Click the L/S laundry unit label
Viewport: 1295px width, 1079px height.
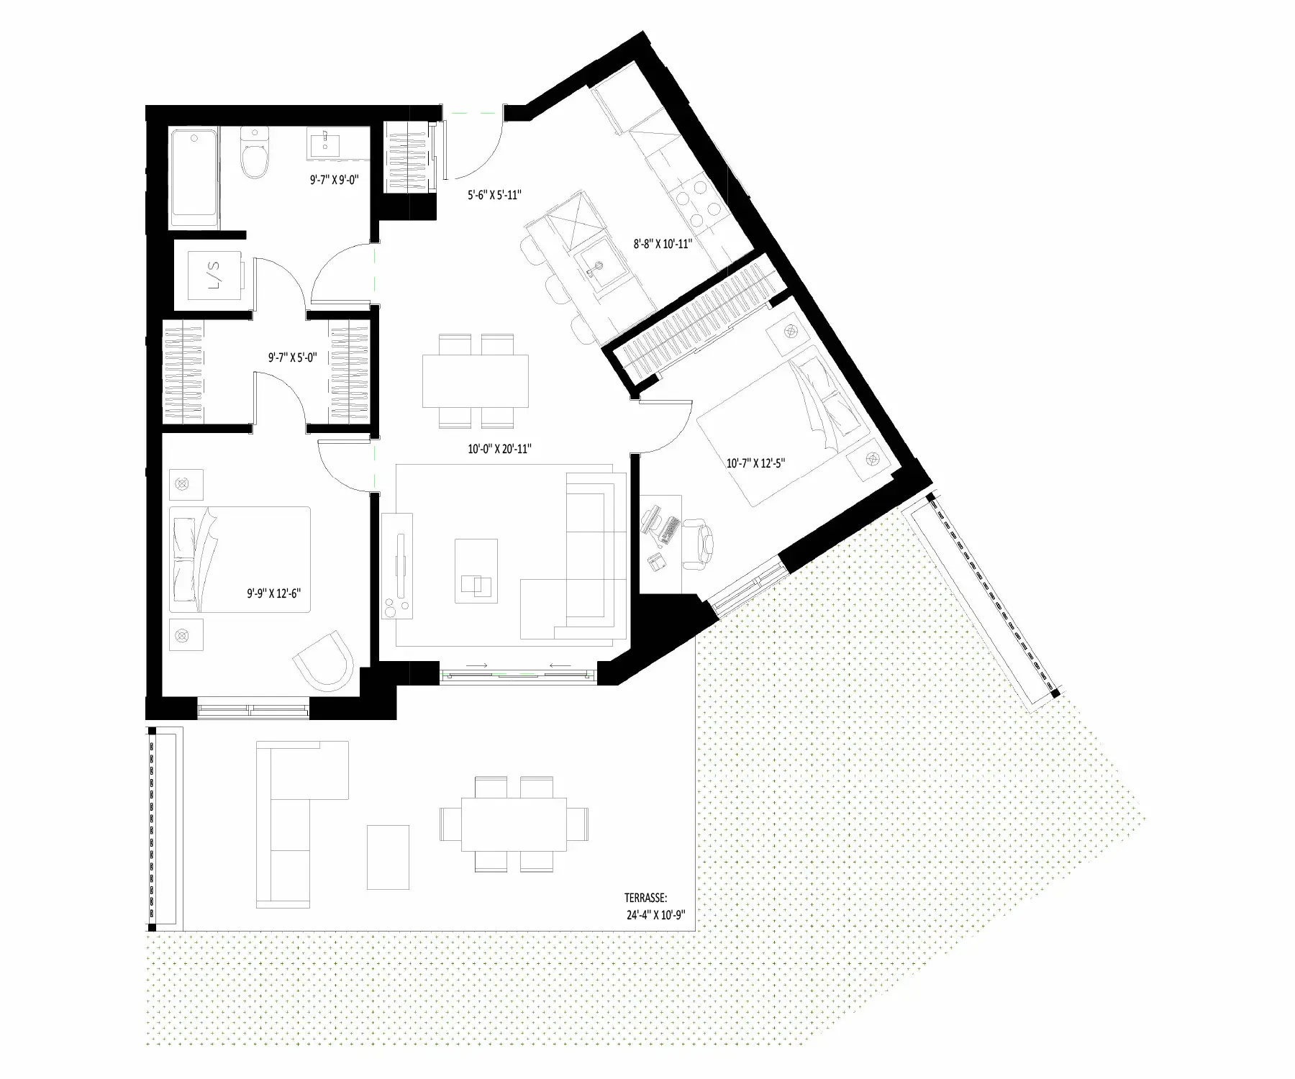214,275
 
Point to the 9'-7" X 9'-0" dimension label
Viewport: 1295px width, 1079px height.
330,182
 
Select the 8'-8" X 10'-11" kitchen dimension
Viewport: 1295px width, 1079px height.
662,244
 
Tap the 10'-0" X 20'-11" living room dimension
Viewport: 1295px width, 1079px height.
499,449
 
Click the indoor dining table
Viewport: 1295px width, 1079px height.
475,381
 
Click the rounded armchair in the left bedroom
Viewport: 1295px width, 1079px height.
324,657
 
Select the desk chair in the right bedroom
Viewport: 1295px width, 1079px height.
696,537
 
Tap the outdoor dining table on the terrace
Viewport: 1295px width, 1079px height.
514,824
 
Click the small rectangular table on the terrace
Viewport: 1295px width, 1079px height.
388,857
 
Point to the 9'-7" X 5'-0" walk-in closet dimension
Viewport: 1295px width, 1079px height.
288,356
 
